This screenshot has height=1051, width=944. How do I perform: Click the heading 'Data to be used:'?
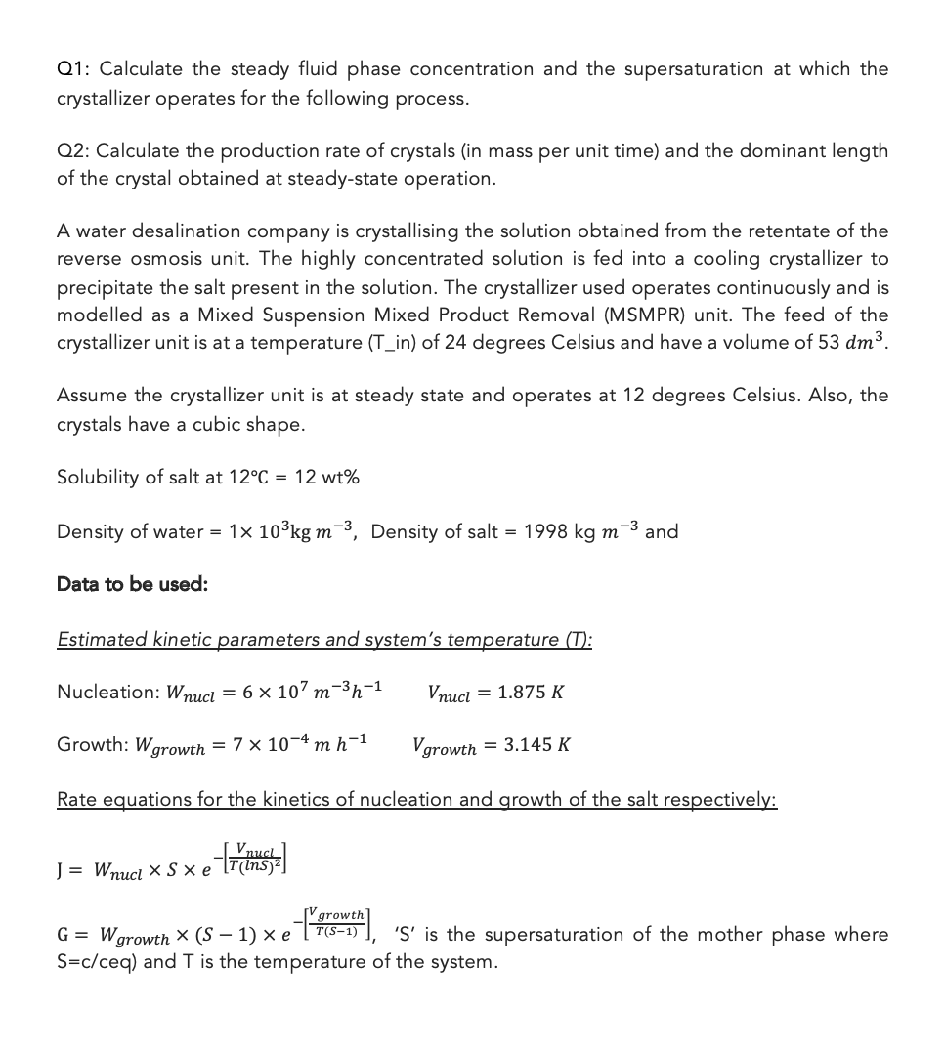(x=132, y=584)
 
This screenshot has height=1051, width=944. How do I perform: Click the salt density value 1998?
(x=550, y=532)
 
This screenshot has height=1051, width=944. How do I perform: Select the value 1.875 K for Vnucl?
(x=531, y=693)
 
